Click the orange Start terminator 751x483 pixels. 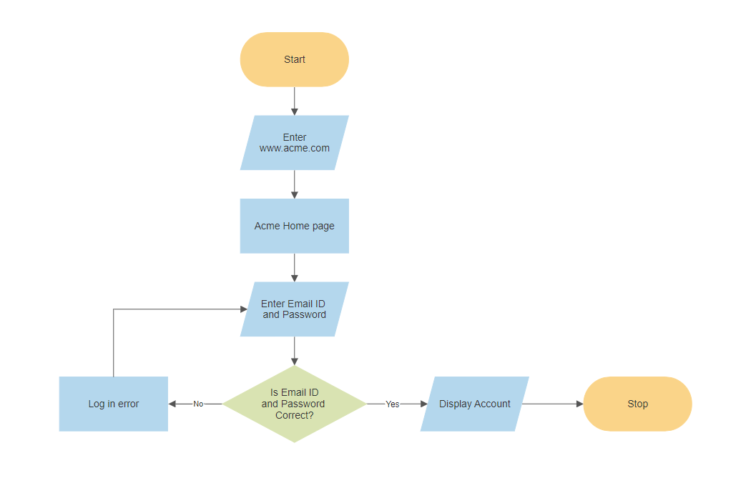pyautogui.click(x=294, y=59)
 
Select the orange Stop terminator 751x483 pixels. pyautogui.click(x=637, y=404)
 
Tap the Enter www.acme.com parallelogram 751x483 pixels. pyautogui.click(x=294, y=142)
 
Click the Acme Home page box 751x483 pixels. pyautogui.click(x=294, y=226)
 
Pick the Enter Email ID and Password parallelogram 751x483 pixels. pyautogui.click(x=294, y=309)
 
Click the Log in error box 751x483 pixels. pyautogui.click(x=113, y=404)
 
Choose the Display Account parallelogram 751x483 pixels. pyautogui.click(x=474, y=404)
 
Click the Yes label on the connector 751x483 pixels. pyautogui.click(x=392, y=404)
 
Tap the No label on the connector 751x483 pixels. pyautogui.click(x=198, y=404)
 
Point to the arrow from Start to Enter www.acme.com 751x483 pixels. pyautogui.click(x=294, y=101)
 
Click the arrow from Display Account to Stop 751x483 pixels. pyautogui.click(x=552, y=404)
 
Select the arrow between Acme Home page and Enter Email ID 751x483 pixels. pyautogui.click(x=294, y=267)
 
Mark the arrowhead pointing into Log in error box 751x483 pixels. pyautogui.click(x=172, y=404)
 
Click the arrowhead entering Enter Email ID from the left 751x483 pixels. pyautogui.click(x=243, y=309)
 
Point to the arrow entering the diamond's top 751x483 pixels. pyautogui.click(x=294, y=351)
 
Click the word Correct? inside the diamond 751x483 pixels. pyautogui.click(x=294, y=415)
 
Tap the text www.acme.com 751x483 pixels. pyautogui.click(x=294, y=148)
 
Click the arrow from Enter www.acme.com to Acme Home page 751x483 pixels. pyautogui.click(x=294, y=184)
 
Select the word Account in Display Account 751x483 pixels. pyautogui.click(x=493, y=404)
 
